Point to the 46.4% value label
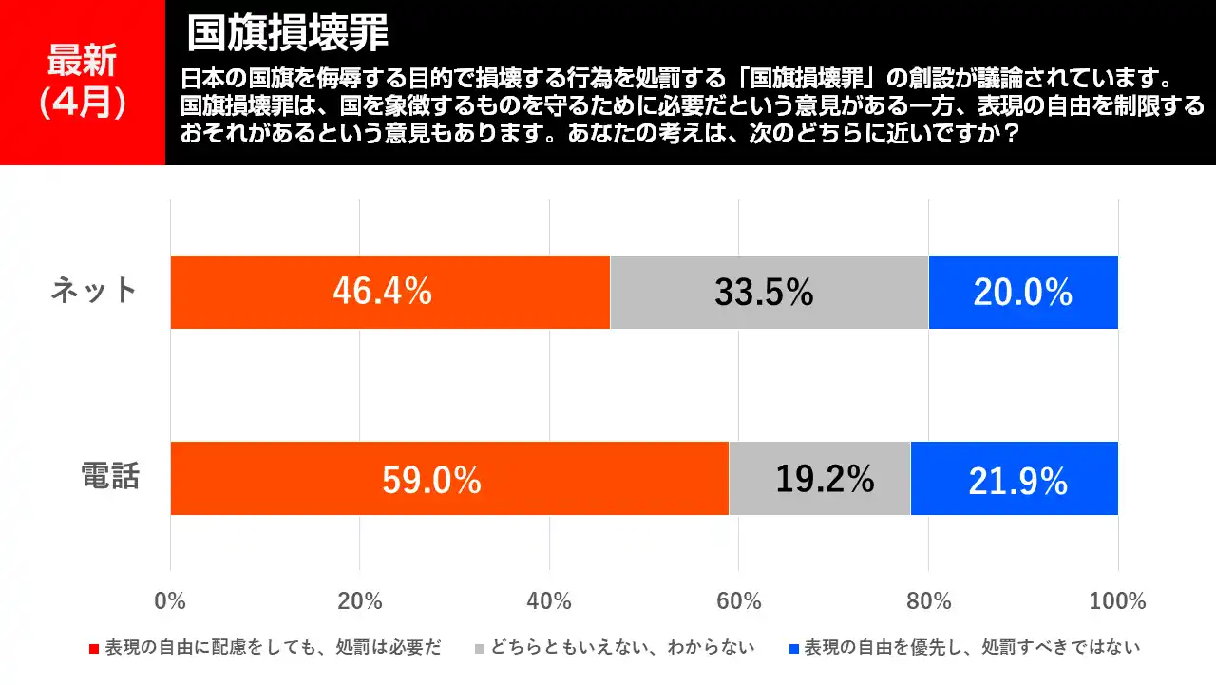(382, 292)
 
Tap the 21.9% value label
(1017, 482)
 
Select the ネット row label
(94, 291)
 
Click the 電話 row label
(110, 476)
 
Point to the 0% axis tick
(170, 600)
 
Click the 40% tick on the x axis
(549, 600)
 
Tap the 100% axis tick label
(1117, 600)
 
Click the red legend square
(94, 649)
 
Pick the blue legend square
(794, 649)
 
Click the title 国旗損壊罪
(287, 33)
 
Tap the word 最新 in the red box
(82, 61)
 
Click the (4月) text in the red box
(82, 103)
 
